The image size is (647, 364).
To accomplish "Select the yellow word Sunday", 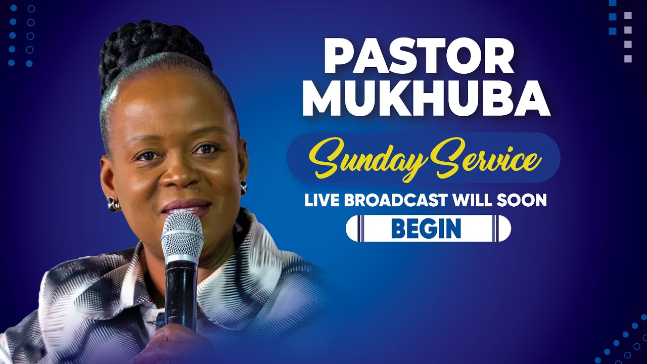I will pos(363,159).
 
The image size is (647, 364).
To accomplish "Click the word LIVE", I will pos(321,201).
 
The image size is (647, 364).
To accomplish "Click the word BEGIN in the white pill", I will pos(426,229).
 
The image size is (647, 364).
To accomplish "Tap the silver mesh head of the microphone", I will pos(182,235).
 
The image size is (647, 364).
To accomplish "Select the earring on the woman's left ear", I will pos(243,188).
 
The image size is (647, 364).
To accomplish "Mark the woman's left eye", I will pos(207,149).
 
